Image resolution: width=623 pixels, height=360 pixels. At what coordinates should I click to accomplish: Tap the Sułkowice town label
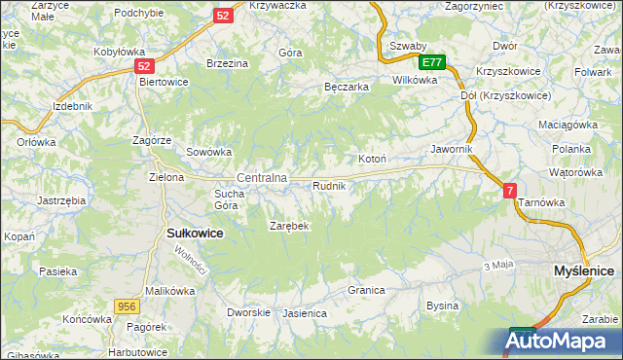pos(196,234)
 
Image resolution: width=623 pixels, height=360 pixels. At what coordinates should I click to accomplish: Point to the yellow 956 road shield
pos(126,306)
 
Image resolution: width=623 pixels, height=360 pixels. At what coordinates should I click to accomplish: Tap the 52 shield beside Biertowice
pos(144,65)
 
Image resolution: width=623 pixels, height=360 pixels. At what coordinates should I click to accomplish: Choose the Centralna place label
pos(262,178)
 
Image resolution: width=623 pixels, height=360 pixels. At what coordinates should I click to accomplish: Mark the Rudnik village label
pos(329,185)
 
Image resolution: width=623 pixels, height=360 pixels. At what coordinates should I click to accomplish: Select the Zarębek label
pos(288,226)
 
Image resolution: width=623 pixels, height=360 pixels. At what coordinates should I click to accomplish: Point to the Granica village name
pos(367,290)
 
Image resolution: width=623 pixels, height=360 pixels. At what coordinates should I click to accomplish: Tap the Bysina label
pos(442,306)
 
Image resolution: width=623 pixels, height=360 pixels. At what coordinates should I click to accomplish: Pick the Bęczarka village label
pos(346,87)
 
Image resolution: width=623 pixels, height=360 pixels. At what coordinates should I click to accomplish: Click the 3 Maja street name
pos(497,265)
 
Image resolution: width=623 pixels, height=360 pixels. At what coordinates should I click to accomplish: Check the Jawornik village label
pos(452,149)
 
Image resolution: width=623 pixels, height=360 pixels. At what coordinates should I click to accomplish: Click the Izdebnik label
pos(73,105)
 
